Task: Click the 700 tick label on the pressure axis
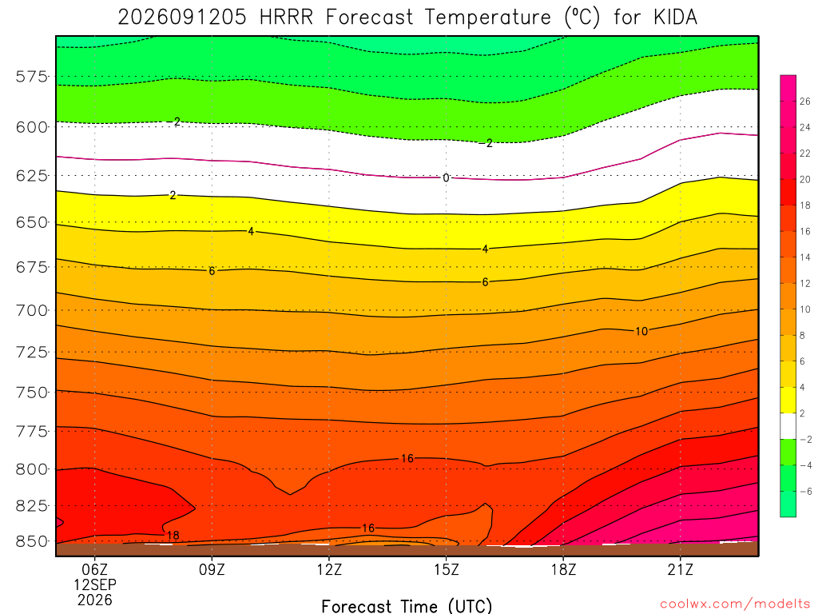[x=31, y=311]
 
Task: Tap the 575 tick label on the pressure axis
[x=31, y=77]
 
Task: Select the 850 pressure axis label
[x=31, y=541]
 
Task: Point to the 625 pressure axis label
[x=31, y=175]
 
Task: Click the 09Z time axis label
[x=212, y=569]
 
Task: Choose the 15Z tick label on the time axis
[x=446, y=569]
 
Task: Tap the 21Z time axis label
[x=681, y=569]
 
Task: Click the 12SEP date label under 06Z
[x=95, y=584]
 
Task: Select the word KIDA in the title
[x=675, y=18]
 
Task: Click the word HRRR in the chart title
[x=287, y=18]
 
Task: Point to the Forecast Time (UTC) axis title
[x=407, y=606]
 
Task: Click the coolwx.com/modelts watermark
[x=735, y=604]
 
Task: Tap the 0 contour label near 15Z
[x=446, y=178]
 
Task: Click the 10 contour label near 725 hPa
[x=641, y=331]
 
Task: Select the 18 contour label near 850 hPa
[x=173, y=535]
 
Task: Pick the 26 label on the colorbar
[x=805, y=102]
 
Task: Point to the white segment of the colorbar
[x=788, y=426]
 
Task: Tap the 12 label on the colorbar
[x=805, y=284]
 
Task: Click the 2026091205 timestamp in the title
[x=182, y=18]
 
